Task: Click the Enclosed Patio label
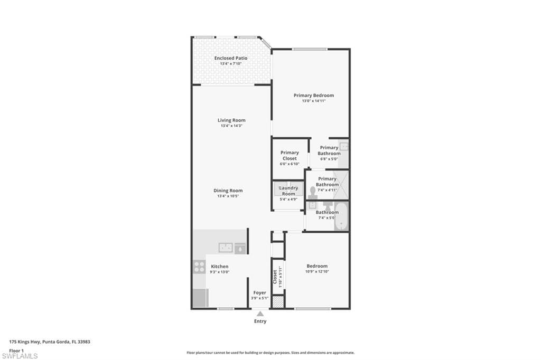pos(231,58)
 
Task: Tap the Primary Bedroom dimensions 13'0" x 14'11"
pos(314,101)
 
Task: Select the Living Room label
pos(231,120)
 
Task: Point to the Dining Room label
pos(228,191)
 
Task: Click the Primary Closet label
pos(290,156)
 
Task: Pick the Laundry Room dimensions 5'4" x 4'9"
pos(288,200)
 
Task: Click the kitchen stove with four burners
pos(199,267)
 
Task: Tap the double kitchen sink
pos(226,248)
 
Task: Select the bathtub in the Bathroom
pos(341,216)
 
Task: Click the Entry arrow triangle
pos(260,314)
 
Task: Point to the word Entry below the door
pos(260,321)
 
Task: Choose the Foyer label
pos(260,293)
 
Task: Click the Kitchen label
pos(220,267)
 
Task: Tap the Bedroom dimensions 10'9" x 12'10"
pos(317,272)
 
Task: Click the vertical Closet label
pos(275,277)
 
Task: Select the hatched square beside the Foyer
pos(277,301)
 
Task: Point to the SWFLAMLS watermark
pos(20,356)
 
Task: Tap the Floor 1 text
pos(16,351)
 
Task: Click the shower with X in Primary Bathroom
pos(342,185)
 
